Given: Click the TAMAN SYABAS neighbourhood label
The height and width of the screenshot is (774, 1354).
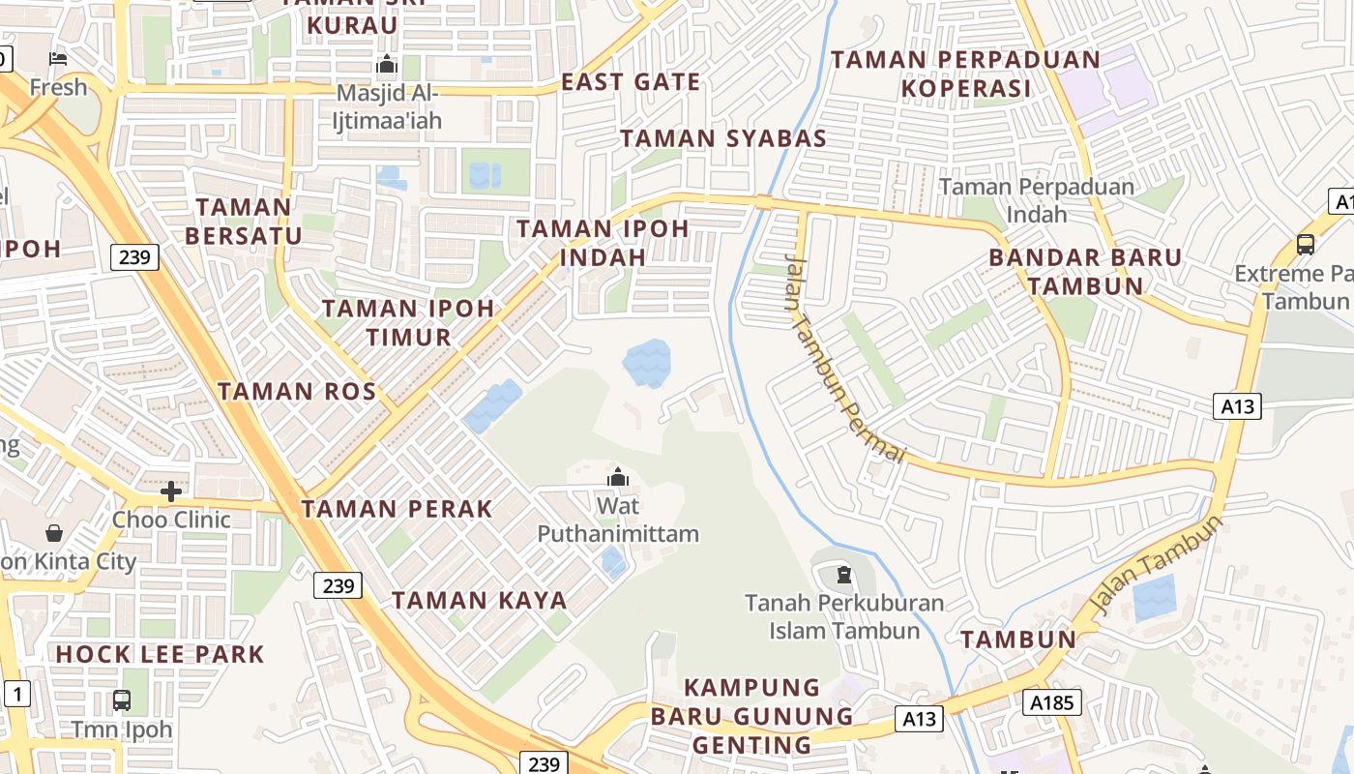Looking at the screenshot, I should [x=723, y=138].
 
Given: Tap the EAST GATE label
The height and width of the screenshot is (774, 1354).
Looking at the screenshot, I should [x=631, y=82].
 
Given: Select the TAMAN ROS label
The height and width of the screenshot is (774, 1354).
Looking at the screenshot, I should [x=297, y=392].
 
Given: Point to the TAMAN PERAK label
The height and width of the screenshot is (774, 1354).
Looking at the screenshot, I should [x=397, y=509].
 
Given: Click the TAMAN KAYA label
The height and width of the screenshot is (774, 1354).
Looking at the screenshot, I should [x=479, y=600].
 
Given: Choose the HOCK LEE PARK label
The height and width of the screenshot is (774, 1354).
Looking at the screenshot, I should [x=160, y=654].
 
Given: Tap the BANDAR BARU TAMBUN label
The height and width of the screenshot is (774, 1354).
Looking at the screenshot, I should [x=1085, y=272].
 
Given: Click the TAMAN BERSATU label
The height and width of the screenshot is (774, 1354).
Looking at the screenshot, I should [x=244, y=221].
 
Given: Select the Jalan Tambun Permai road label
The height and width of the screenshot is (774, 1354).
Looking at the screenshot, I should [x=844, y=357].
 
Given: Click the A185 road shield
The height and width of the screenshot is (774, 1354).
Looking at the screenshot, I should [x=1052, y=702].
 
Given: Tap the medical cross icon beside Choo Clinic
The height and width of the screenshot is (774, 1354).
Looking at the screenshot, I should [x=171, y=491].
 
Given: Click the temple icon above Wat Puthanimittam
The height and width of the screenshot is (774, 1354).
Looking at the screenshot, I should [x=617, y=477].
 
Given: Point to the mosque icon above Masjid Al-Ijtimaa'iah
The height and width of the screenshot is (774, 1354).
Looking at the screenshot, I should [x=387, y=66].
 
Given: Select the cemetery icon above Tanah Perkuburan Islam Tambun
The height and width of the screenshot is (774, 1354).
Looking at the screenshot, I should [x=844, y=575].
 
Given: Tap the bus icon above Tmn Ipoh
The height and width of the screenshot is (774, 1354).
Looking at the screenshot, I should [x=122, y=700].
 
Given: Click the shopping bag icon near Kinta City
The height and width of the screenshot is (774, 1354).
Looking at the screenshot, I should [x=54, y=533].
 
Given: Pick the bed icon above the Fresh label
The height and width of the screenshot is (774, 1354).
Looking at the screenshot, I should [x=58, y=59].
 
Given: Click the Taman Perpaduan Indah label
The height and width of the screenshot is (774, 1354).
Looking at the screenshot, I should [x=1037, y=199].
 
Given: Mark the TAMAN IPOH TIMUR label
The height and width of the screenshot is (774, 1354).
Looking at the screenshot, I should [x=407, y=323].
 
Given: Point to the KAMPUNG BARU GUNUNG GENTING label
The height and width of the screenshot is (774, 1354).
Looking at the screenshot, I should [x=752, y=716].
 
